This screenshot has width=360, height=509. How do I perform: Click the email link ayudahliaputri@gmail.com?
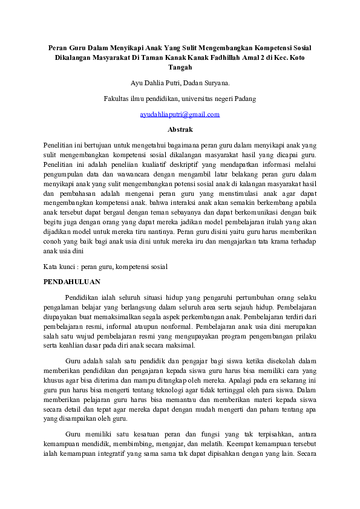(180, 114)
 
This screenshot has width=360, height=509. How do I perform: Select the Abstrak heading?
(180, 129)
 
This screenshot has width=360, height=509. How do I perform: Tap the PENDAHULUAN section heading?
(73, 282)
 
